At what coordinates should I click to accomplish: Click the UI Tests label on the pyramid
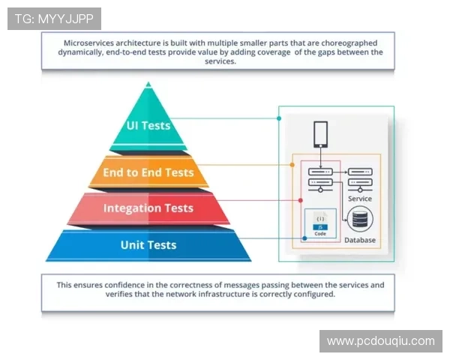148,125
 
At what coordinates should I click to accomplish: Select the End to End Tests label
148,172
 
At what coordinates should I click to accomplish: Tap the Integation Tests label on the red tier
148,208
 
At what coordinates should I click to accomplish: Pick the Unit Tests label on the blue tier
148,244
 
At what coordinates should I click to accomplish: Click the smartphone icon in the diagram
320,135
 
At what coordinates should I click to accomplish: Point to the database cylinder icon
361,220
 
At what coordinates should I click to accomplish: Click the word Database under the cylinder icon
360,240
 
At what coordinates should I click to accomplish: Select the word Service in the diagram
360,199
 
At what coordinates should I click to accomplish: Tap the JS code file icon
320,223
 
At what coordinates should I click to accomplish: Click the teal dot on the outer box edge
279,118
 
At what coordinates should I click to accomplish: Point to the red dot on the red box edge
301,200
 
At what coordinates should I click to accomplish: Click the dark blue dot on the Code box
304,238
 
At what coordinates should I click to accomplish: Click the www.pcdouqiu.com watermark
380,341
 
